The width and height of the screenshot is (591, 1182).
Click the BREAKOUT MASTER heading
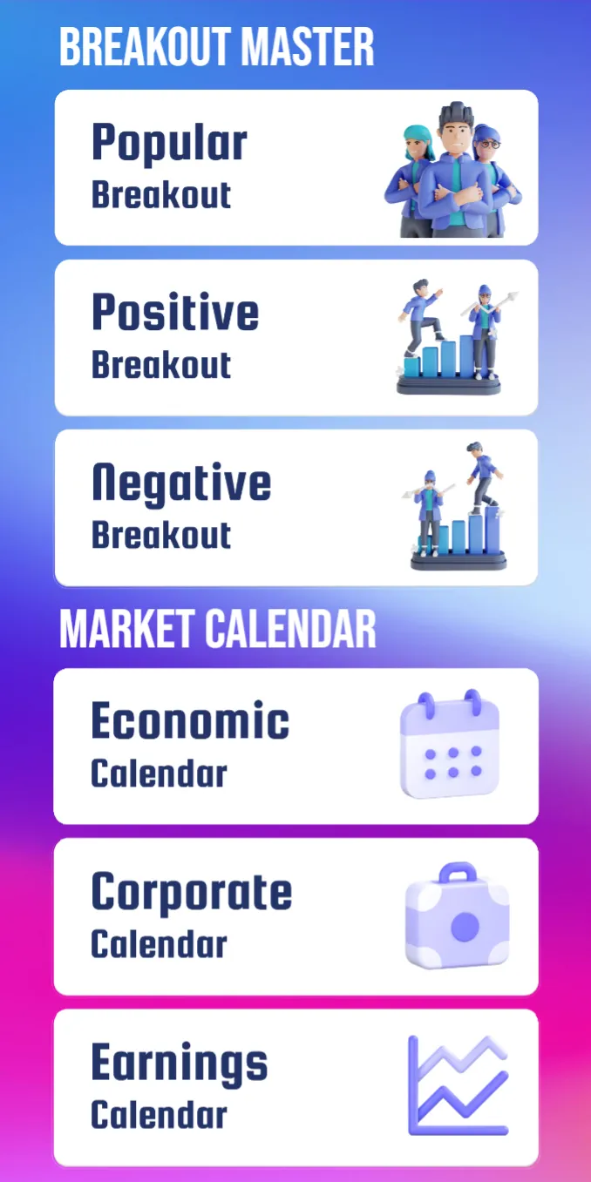(x=216, y=47)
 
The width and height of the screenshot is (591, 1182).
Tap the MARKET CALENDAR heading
(x=217, y=629)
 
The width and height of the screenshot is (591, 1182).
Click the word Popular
(x=169, y=144)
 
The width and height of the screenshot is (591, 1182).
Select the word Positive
(x=175, y=312)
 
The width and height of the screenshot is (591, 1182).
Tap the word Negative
(x=181, y=483)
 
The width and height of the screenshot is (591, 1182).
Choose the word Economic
(x=190, y=721)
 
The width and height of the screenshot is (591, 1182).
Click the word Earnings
(x=179, y=1063)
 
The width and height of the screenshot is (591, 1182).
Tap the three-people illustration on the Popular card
(x=452, y=170)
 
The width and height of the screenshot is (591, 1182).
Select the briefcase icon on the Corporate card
(x=457, y=916)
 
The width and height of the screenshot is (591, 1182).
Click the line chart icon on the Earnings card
(x=458, y=1084)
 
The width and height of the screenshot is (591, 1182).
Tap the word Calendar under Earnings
(x=159, y=1116)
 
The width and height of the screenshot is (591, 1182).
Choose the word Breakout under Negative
(x=161, y=535)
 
